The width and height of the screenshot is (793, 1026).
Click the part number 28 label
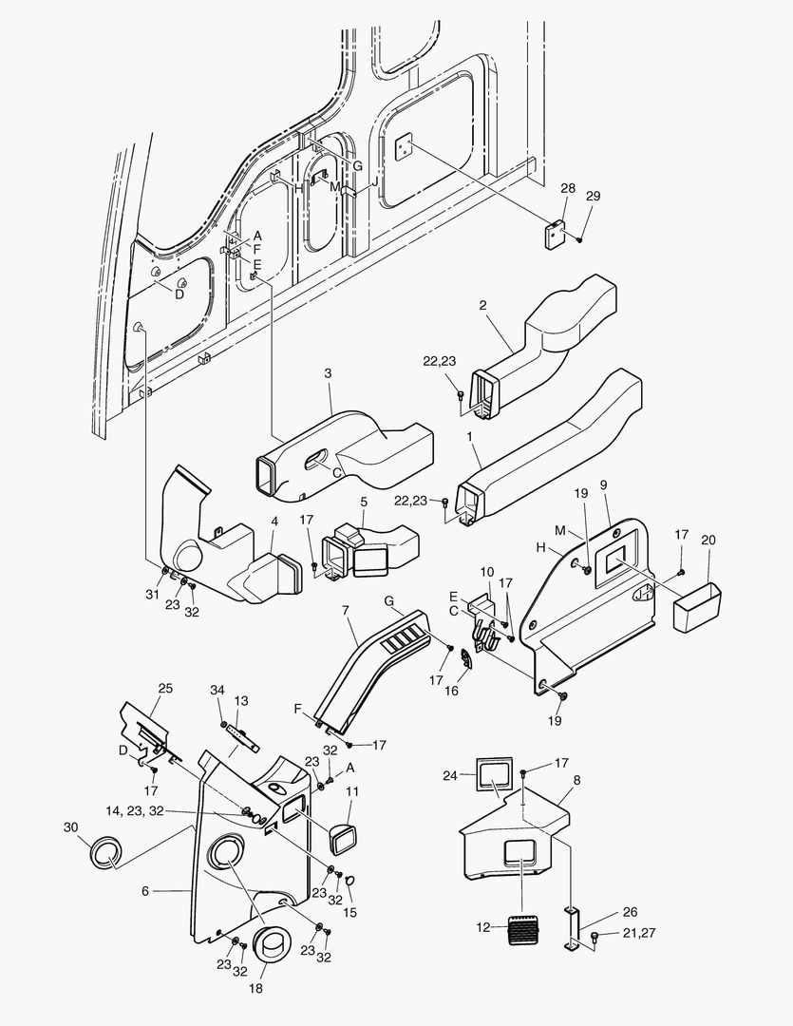pos(567,189)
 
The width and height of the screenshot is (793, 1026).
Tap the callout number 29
pos(594,197)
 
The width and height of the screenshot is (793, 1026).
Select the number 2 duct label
pos(483,306)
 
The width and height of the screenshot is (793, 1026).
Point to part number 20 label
pos(708,540)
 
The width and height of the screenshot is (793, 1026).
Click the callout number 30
pos(69,827)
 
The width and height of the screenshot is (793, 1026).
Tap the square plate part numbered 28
pos(557,233)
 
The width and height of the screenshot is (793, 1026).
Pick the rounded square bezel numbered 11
pos(342,837)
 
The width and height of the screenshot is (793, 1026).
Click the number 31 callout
pos(151,595)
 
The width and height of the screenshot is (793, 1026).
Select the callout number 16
pos(452,691)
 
